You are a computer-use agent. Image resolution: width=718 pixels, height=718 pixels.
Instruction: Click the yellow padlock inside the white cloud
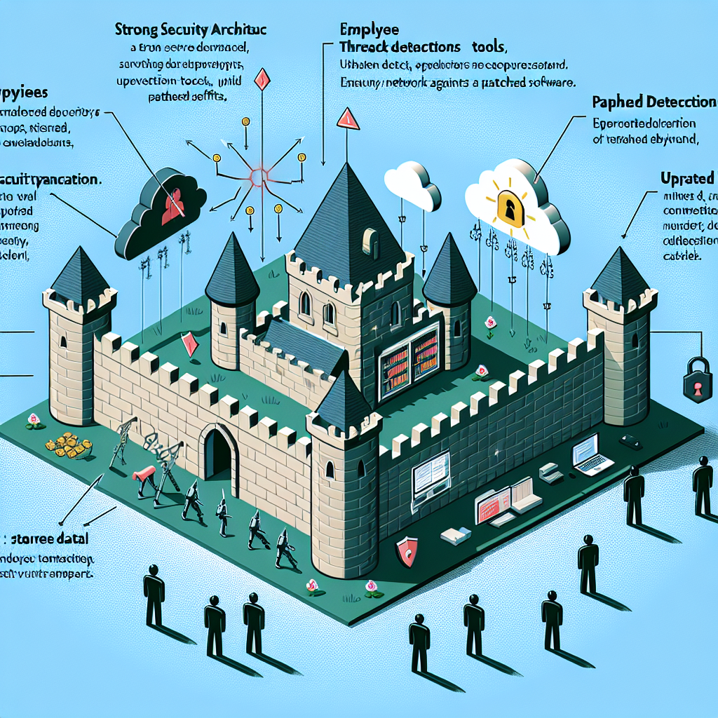tap(510, 206)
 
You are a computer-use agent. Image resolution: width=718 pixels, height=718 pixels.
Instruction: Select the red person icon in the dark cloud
tap(172, 205)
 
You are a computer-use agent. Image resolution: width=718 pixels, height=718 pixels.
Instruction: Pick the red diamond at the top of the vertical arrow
tap(262, 78)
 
